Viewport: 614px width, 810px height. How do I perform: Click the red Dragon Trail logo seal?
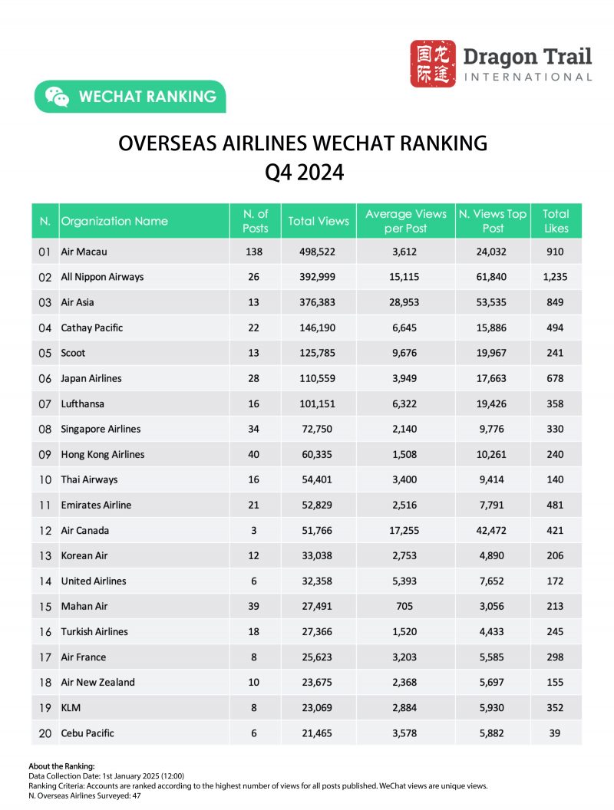432,64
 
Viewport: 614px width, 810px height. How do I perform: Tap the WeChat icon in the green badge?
57,97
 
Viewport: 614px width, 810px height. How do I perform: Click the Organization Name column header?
114,221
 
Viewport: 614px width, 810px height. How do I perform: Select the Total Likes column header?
556,221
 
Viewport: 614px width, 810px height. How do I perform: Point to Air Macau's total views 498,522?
319,252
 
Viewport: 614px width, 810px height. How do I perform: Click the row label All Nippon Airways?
102,277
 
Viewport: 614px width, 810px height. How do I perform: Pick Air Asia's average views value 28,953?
406,302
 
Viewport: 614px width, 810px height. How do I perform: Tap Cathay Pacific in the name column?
92,328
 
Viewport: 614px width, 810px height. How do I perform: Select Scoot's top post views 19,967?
492,353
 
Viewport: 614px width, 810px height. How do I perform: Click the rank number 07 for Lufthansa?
45,403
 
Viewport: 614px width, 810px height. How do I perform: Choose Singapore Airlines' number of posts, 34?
254,429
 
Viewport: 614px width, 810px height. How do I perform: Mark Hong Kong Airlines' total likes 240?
556,454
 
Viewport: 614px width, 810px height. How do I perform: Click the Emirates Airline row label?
96,505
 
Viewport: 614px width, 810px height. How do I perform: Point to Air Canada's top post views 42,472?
492,530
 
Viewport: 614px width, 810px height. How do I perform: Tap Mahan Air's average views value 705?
406,606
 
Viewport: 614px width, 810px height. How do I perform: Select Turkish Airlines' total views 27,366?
319,631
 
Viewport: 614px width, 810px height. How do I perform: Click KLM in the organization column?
71,707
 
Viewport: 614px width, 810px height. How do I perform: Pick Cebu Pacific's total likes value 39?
556,733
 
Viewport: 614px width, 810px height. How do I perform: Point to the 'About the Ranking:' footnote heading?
61,766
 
